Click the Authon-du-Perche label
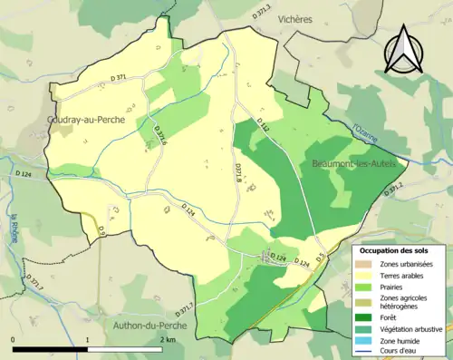[149, 325]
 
